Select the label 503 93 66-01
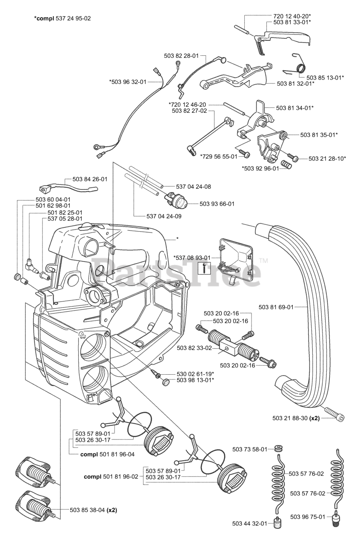[x=217, y=204]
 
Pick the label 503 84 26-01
[x=89, y=179]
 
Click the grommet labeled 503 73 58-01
[x=279, y=449]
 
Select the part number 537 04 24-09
[x=164, y=216]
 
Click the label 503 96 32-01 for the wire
[x=128, y=82]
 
